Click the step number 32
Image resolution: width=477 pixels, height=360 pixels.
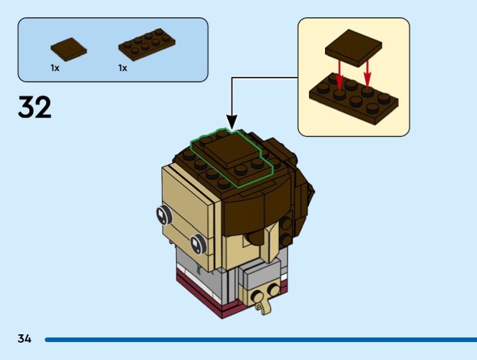(x=35, y=107)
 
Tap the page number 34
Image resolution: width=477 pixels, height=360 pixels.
(x=24, y=339)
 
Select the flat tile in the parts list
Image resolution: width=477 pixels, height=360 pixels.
(x=69, y=48)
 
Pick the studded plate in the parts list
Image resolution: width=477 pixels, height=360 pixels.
(x=146, y=45)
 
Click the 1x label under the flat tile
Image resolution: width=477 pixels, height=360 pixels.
(x=55, y=68)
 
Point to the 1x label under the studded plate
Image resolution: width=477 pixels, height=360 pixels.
(x=123, y=68)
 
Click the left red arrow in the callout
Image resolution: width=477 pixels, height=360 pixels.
(x=340, y=75)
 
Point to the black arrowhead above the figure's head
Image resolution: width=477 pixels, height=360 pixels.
(x=232, y=122)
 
